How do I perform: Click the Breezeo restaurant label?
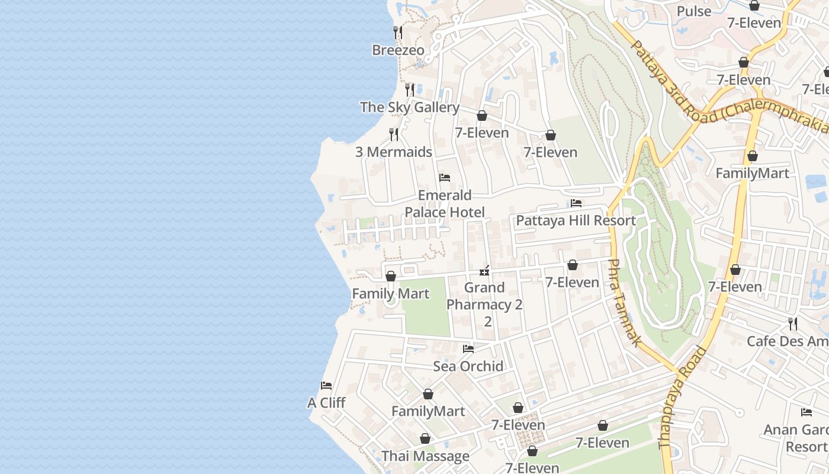(x=398, y=50)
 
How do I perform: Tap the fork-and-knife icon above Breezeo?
(x=398, y=32)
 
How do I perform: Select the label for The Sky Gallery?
(x=409, y=107)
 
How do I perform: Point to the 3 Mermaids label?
(x=393, y=152)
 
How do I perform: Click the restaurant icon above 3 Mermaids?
(x=393, y=134)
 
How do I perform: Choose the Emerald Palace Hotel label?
(x=445, y=204)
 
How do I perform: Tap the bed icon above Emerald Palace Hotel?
(x=445, y=178)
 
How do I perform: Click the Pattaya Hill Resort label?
(x=576, y=221)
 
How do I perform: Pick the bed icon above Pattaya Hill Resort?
(x=576, y=203)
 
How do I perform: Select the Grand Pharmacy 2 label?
(x=484, y=296)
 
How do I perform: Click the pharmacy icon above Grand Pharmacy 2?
(x=484, y=271)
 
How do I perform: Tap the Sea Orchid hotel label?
(x=468, y=366)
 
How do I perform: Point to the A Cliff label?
(x=326, y=403)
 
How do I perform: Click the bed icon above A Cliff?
(x=326, y=386)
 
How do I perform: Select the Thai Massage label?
(x=425, y=456)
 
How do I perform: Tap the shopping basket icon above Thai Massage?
(x=425, y=439)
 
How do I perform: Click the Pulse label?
(x=694, y=11)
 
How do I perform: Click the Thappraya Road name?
(x=683, y=397)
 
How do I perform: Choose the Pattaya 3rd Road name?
(x=669, y=77)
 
